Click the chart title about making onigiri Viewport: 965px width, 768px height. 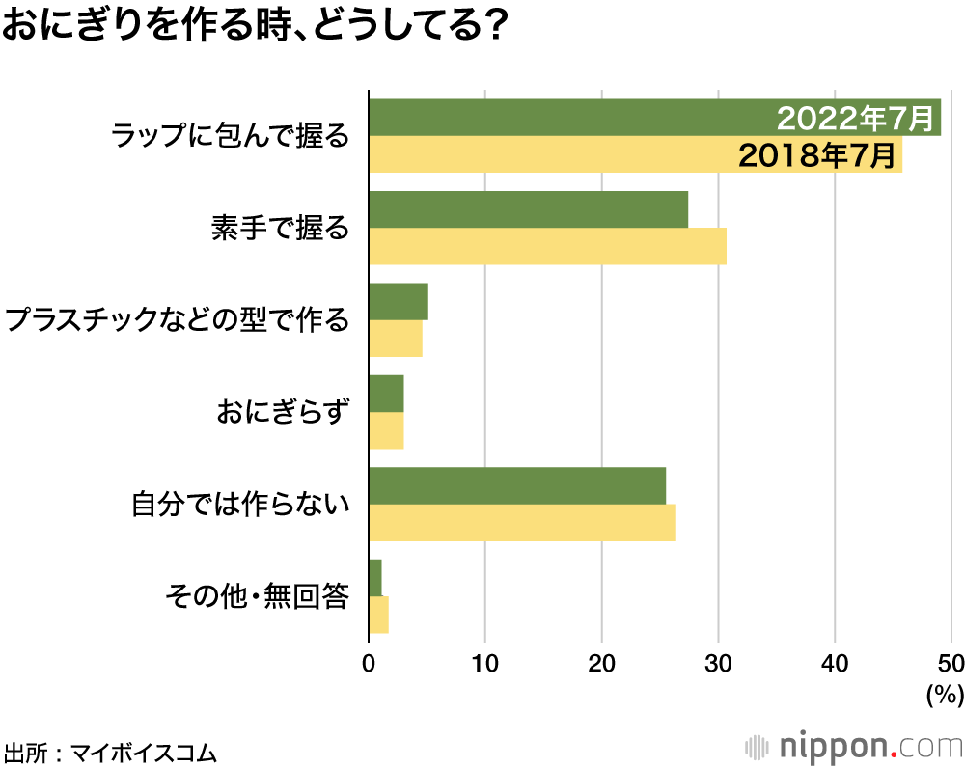coord(255,26)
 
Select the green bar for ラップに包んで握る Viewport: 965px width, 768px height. coord(569,118)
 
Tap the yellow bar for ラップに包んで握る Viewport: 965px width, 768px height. coord(550,154)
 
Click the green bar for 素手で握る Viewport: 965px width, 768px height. coord(529,209)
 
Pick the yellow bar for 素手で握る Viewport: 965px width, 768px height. coord(547,246)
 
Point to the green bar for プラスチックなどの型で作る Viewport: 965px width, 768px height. coord(399,302)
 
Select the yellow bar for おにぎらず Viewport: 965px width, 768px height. coord(386,430)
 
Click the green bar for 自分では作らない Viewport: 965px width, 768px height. coord(517,485)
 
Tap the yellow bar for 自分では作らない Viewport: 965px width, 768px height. coord(522,522)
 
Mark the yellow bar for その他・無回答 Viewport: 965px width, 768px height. coord(378,615)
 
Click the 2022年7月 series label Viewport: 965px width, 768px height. coord(856,119)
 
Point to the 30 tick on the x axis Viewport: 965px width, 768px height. coord(718,664)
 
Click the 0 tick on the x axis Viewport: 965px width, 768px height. coord(370,664)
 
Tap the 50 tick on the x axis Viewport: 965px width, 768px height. coord(951,664)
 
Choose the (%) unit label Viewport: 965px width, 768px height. coord(945,694)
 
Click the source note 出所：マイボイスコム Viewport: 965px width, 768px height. coord(110,751)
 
